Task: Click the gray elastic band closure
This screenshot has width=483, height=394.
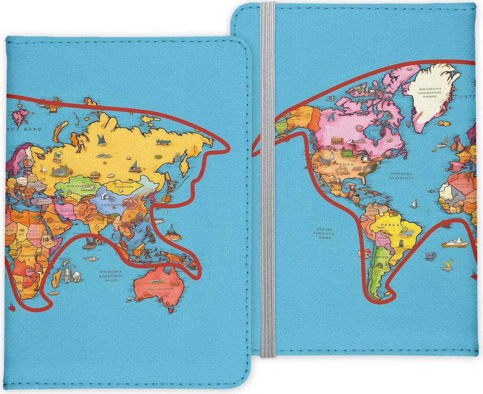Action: coord(267,189)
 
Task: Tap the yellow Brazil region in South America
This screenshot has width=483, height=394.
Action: coord(396,229)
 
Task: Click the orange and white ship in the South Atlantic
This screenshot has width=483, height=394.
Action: coord(455,243)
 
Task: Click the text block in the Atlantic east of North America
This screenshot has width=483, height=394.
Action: coord(401,176)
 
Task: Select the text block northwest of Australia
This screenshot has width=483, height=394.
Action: coord(111,276)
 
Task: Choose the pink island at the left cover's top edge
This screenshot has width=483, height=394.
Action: coord(20,116)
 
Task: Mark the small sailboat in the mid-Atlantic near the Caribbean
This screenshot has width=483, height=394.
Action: coord(414,204)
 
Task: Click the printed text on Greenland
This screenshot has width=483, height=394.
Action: coord(430,92)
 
